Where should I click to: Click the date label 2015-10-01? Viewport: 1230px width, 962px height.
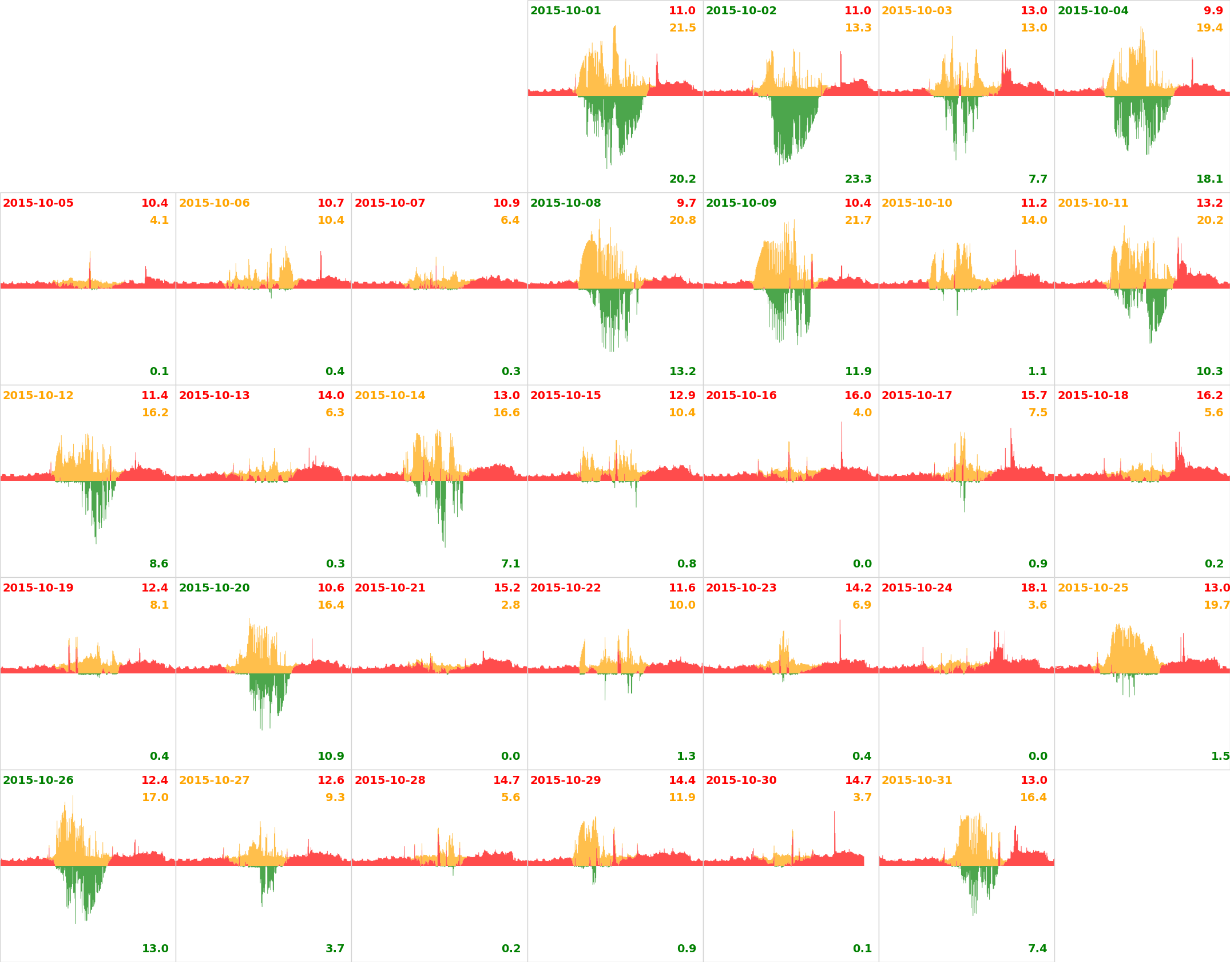coord(565,11)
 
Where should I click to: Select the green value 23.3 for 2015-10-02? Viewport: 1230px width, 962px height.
coord(858,179)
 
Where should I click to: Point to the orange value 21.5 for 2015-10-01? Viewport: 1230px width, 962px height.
coord(683,28)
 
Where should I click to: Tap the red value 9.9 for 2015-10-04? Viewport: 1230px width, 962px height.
coord(1213,11)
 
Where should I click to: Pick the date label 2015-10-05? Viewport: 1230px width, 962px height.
coord(38,203)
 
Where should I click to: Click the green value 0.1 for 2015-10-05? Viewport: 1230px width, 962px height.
coord(159,372)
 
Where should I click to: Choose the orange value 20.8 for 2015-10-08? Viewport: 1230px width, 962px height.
coord(683,220)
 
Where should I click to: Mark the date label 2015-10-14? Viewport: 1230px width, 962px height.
coord(390,396)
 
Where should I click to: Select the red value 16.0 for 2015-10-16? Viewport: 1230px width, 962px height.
coord(858,396)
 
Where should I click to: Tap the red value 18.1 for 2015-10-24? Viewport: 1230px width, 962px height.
coord(1034,588)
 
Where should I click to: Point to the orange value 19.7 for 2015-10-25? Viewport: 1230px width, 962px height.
coord(1216,605)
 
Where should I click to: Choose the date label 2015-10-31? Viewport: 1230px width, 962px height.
coord(916,780)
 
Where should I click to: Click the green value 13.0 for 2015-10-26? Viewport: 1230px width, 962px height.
coord(155,949)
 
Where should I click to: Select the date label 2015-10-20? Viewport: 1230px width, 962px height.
coord(214,588)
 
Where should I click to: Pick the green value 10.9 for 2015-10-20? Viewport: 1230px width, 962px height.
coord(331,756)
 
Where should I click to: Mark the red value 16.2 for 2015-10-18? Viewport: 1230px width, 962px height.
coord(1209,396)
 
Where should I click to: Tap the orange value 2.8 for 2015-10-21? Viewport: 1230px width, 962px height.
coord(510,605)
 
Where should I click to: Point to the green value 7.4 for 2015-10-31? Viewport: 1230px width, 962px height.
coord(1038,949)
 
